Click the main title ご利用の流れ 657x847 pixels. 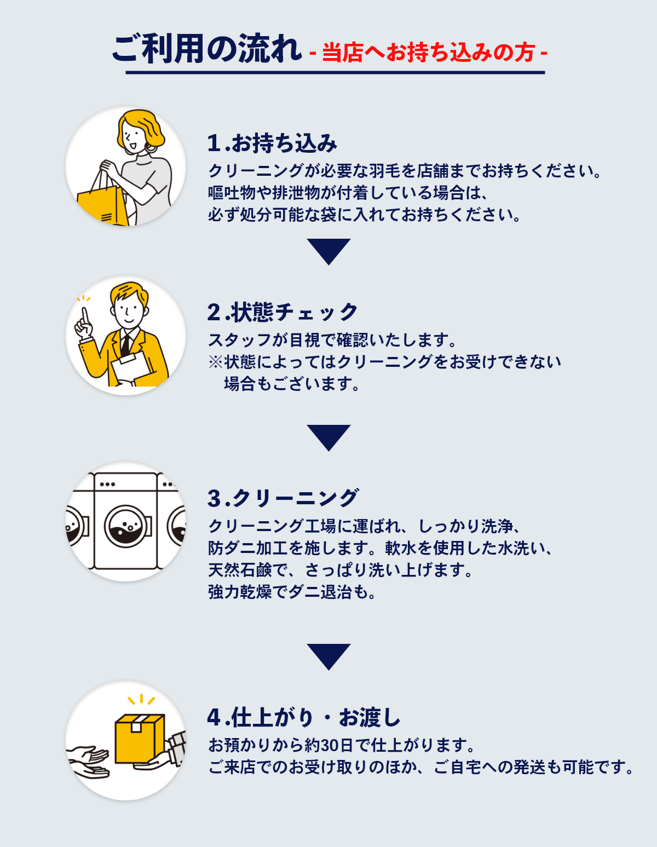[x=206, y=49]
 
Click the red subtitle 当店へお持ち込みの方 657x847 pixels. [x=428, y=53]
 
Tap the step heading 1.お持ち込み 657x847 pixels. [x=272, y=143]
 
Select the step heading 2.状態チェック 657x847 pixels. [x=283, y=313]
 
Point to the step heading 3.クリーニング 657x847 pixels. [x=283, y=499]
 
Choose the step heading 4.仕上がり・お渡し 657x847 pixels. [x=304, y=718]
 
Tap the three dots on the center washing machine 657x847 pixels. [x=107, y=485]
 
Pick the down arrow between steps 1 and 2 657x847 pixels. [x=328, y=251]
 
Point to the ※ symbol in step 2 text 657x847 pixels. [x=215, y=362]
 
